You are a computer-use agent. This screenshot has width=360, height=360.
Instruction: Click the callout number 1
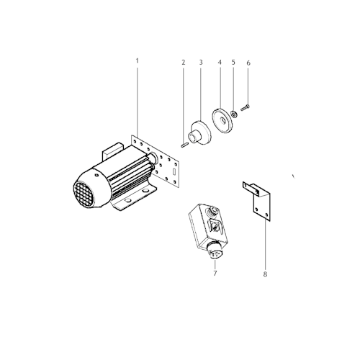(x=137, y=61)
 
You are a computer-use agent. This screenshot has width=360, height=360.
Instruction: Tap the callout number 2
(x=184, y=63)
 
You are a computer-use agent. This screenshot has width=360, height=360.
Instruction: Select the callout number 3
(x=201, y=63)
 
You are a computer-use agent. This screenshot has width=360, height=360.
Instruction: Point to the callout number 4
(x=219, y=63)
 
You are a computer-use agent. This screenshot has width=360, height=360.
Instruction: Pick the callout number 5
(x=234, y=63)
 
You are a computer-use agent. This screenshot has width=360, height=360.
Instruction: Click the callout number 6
(x=248, y=63)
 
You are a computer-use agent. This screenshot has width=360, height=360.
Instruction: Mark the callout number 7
(x=214, y=273)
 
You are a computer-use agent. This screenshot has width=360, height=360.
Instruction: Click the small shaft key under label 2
(x=184, y=143)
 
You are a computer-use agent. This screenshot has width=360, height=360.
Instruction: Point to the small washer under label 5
(x=234, y=112)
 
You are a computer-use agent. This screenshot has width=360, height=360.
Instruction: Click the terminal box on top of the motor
(x=113, y=153)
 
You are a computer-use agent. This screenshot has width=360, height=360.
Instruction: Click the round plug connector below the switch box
(x=213, y=252)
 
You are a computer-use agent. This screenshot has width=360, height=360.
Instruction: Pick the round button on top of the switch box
(x=213, y=212)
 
